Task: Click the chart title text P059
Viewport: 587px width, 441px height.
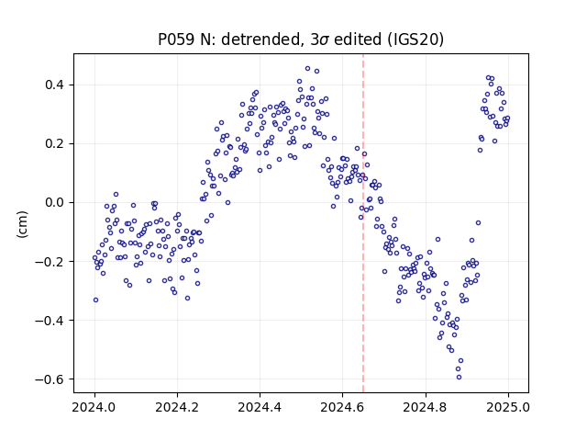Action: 177,39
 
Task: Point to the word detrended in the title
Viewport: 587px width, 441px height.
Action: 261,39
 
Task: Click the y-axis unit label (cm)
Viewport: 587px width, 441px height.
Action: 22,223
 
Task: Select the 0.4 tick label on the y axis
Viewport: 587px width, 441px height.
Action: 55,85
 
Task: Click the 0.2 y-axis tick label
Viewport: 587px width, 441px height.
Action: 55,143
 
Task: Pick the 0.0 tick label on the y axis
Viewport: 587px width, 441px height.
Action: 55,202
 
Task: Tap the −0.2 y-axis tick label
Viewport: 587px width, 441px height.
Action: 50,261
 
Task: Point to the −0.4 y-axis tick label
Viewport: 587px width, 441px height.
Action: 50,321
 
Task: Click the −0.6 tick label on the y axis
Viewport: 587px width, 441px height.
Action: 50,379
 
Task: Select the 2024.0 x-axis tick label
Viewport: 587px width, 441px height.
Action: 94,407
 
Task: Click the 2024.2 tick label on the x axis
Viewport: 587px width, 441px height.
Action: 177,407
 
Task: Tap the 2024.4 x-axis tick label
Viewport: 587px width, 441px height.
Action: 260,407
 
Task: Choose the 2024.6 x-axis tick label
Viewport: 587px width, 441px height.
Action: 342,407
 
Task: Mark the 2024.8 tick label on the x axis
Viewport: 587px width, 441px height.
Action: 426,407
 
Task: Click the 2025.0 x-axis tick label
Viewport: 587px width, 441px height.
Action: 508,407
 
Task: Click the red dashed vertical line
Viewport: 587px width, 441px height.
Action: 363,223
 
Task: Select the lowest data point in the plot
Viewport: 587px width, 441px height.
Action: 459,377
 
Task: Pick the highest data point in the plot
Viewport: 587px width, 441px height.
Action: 308,69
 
